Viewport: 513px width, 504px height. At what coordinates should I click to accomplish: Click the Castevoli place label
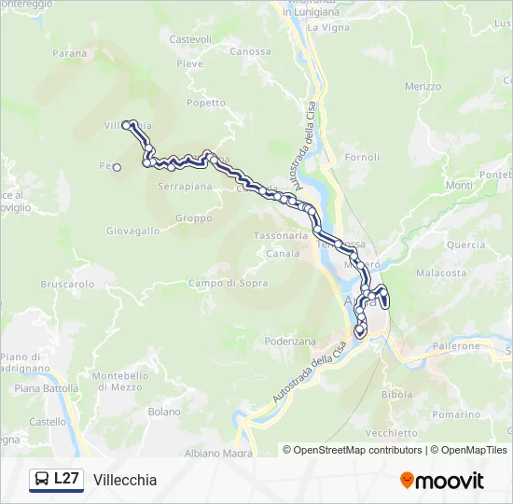pos(191,39)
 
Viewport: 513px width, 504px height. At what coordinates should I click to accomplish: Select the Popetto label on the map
pos(205,103)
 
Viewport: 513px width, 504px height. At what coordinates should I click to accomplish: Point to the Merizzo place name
pos(423,87)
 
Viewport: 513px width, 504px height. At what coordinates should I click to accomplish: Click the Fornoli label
pos(362,158)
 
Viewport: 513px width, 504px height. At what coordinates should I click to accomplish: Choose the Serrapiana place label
pos(186,187)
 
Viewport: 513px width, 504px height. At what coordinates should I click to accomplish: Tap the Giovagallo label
pos(132,231)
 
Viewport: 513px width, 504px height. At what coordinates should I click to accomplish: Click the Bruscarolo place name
pos(67,284)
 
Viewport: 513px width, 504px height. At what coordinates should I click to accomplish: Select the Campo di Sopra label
pos(229,283)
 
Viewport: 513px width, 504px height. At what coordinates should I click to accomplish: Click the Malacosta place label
pos(441,273)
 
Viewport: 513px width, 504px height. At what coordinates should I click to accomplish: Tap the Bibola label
pos(397,395)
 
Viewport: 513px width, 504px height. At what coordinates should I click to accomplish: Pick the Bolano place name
pos(164,412)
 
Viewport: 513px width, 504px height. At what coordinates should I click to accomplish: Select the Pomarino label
pos(456,413)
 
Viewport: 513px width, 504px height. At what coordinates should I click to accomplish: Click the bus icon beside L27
pos(42,480)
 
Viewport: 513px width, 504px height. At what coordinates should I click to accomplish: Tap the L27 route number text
pos(66,479)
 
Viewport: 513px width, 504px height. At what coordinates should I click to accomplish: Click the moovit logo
pos(442,481)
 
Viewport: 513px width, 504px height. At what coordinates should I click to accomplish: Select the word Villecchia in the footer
pos(125,480)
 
